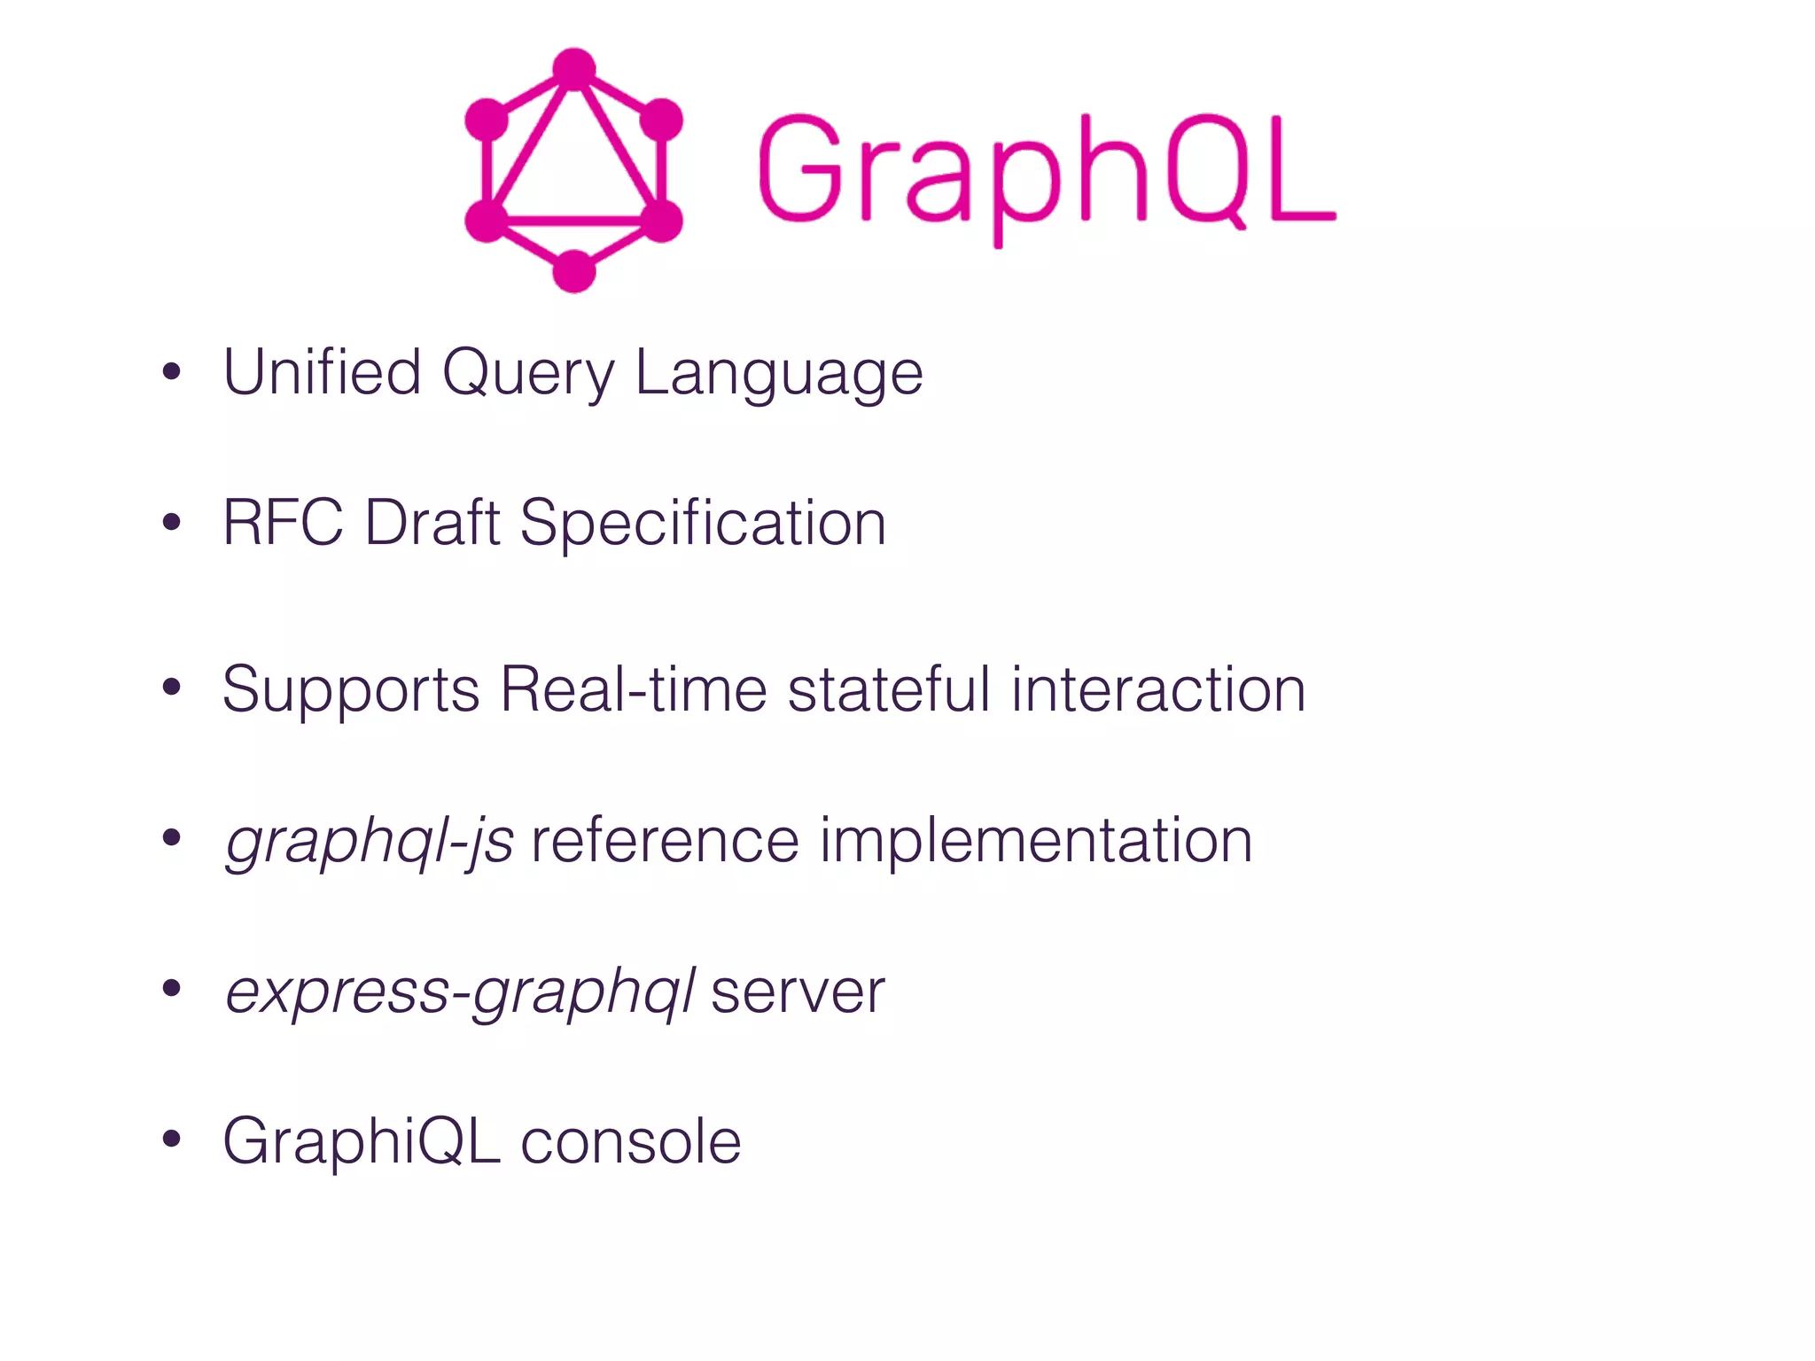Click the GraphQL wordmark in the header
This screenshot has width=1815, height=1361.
(x=1046, y=173)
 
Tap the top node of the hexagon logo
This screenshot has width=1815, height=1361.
(x=574, y=68)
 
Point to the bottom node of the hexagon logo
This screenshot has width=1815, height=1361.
(x=574, y=270)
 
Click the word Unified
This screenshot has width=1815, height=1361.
(x=322, y=372)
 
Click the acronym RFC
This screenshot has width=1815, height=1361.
(x=283, y=523)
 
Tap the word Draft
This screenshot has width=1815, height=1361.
(x=432, y=523)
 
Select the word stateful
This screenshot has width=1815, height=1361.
(x=889, y=689)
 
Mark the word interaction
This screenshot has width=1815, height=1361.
(x=1158, y=689)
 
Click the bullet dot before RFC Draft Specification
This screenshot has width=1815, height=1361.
(x=172, y=523)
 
